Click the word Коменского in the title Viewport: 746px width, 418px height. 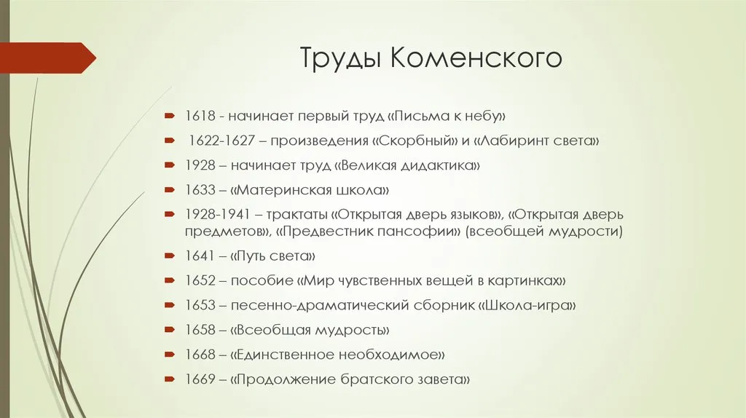476,57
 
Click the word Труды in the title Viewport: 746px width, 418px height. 340,58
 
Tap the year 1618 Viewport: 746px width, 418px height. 200,116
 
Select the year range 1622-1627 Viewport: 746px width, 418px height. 221,141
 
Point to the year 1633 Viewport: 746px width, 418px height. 200,190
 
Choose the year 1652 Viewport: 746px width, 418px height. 200,280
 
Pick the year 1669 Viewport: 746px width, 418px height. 200,379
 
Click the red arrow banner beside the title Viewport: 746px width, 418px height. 47,58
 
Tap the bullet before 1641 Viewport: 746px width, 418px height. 170,256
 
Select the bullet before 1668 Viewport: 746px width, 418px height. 170,354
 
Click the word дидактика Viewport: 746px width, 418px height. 438,166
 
